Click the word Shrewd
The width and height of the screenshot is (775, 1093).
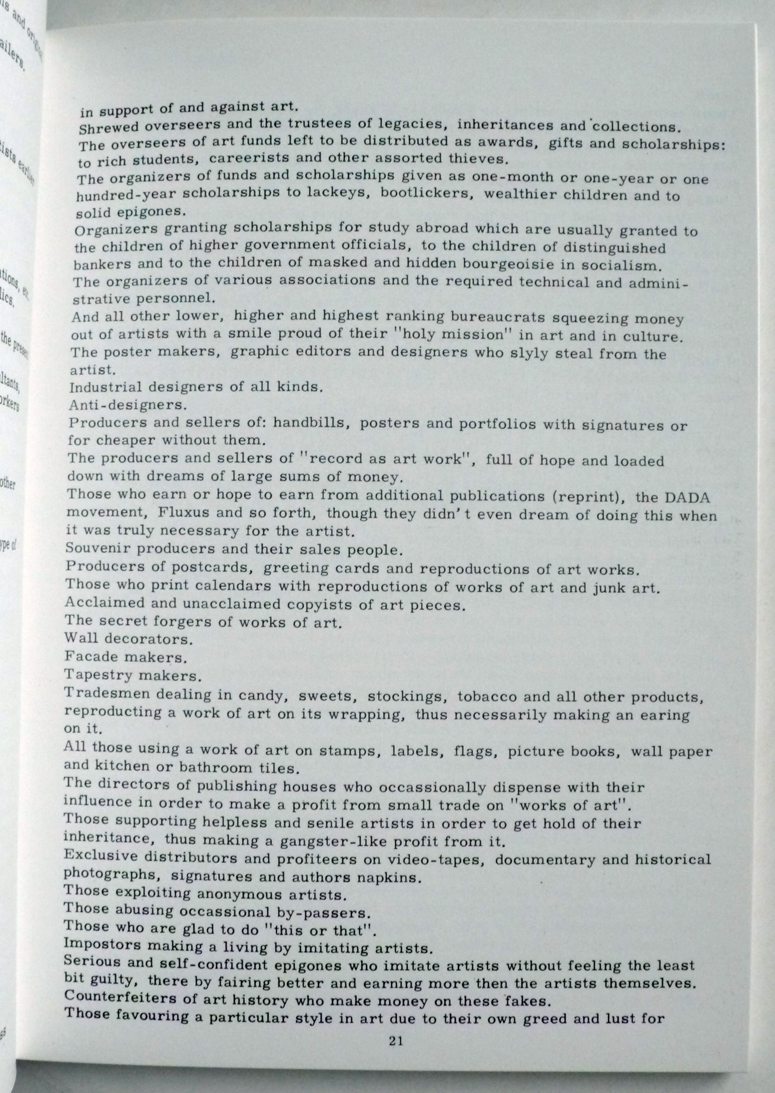tap(108, 128)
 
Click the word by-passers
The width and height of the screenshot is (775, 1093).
tap(323, 913)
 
